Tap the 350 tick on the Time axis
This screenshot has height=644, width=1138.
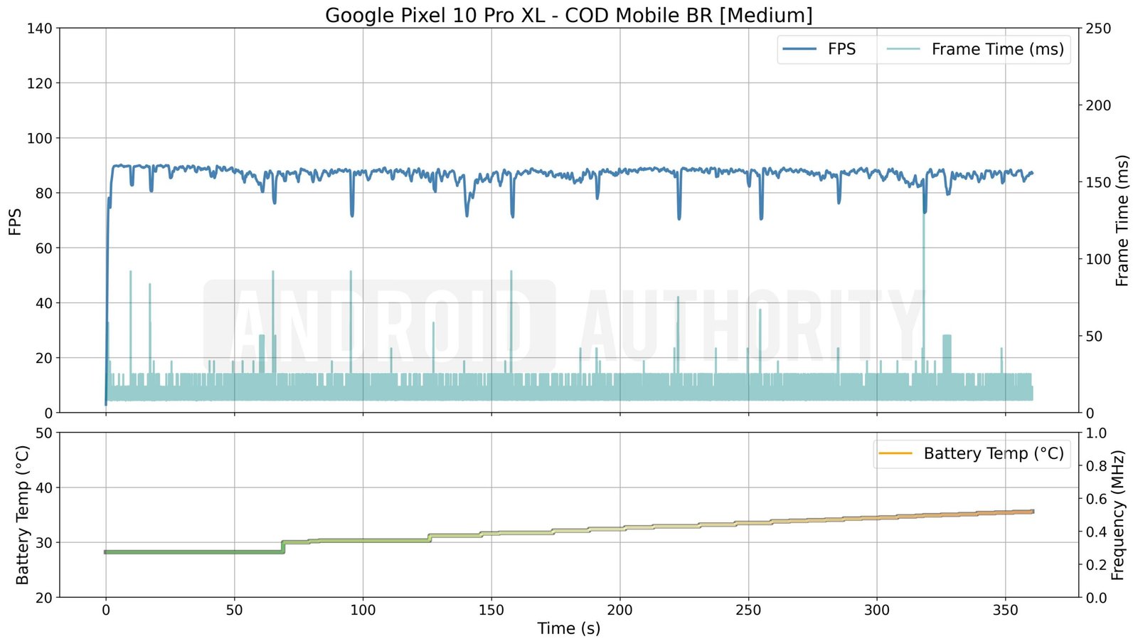[1005, 610]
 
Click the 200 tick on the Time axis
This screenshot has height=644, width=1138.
[619, 610]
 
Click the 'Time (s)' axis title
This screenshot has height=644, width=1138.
[568, 628]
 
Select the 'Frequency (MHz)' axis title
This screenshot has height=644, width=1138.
[1118, 514]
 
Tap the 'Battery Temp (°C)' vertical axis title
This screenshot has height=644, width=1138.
[23, 514]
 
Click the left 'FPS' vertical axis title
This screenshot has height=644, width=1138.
[15, 221]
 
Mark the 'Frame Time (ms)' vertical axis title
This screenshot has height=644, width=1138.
[1122, 221]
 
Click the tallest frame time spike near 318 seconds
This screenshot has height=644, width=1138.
[924, 213]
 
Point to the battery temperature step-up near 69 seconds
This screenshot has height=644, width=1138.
[283, 547]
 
